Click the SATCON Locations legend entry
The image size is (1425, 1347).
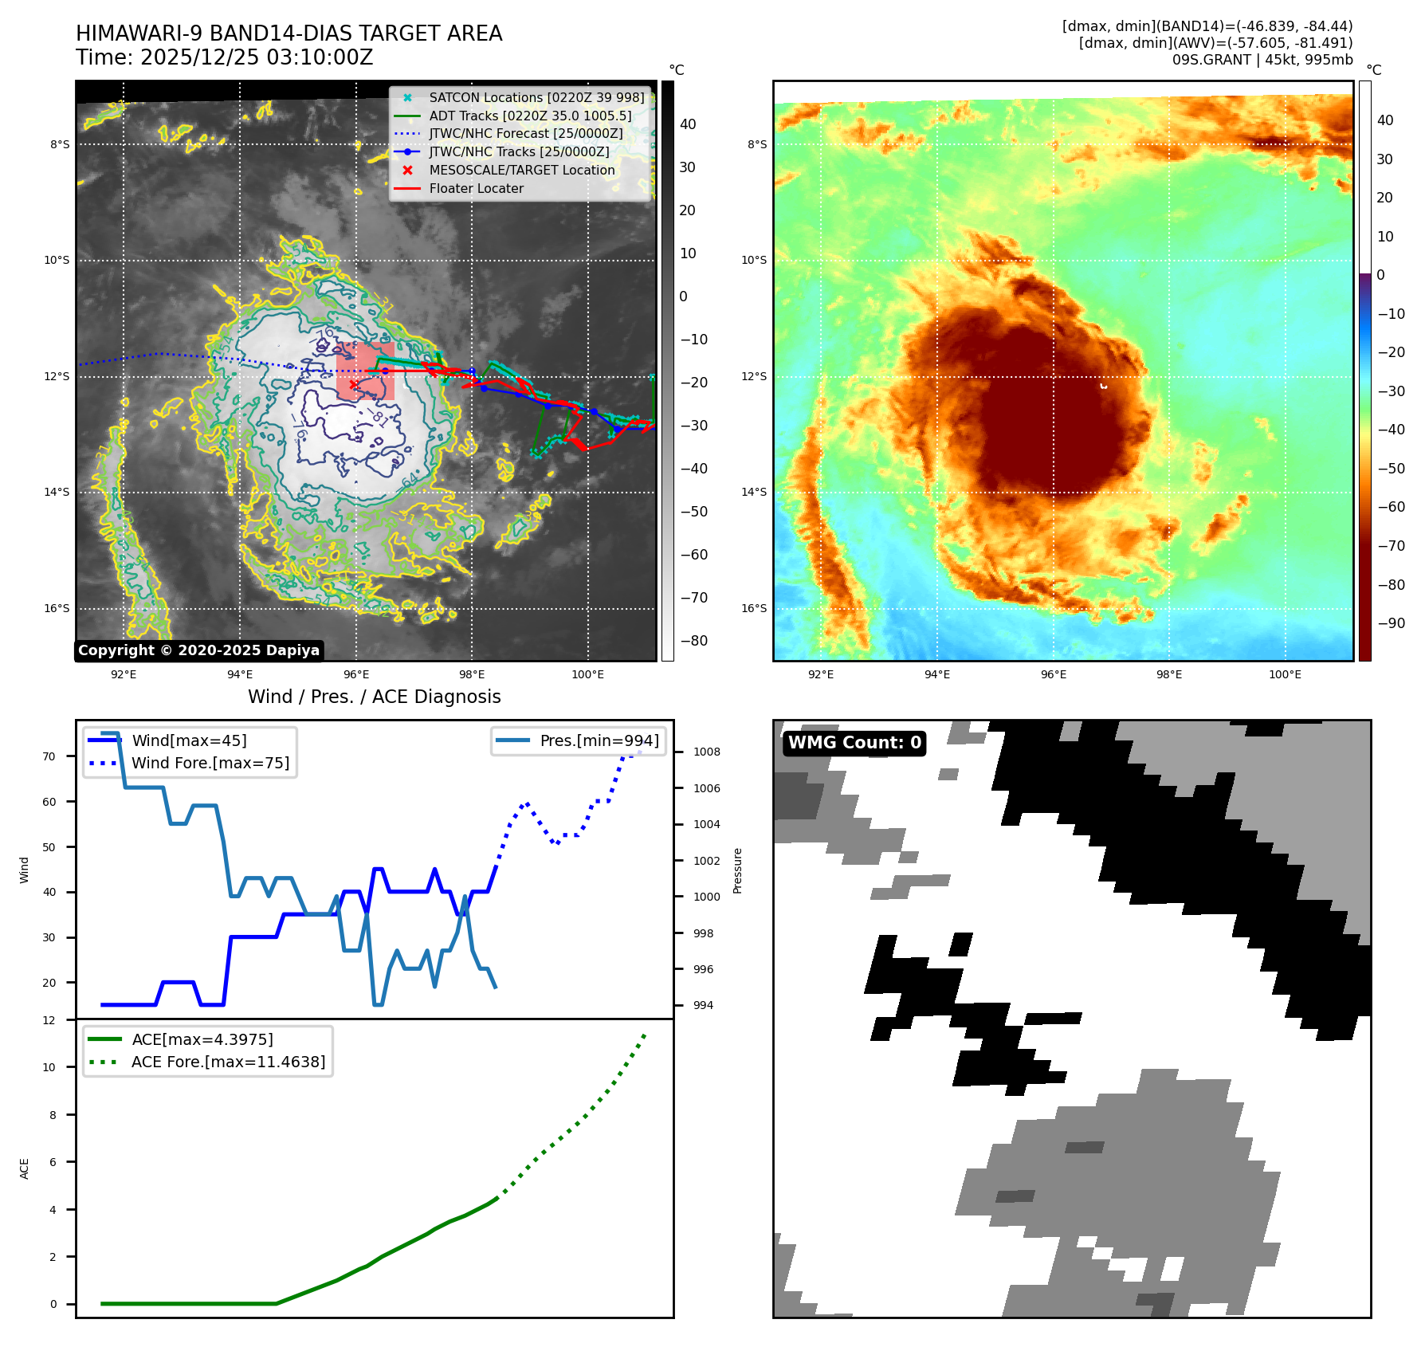tap(536, 98)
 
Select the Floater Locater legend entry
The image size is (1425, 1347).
tap(476, 189)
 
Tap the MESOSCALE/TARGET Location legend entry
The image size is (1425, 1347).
tap(521, 171)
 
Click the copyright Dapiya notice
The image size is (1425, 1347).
tap(198, 650)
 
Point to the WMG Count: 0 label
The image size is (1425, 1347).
tap(854, 743)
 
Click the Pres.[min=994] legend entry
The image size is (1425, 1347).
tap(599, 740)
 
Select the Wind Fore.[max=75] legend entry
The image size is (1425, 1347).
tap(210, 763)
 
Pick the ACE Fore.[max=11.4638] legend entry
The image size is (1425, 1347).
tap(228, 1062)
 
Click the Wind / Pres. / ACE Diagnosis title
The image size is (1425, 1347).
tap(374, 697)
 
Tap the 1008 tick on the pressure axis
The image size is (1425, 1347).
tap(706, 752)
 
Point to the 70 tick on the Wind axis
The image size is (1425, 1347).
tap(49, 756)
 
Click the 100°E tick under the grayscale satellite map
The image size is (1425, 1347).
tap(587, 674)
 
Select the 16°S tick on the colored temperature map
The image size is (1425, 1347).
tap(754, 608)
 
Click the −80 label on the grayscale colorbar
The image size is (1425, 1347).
tap(693, 641)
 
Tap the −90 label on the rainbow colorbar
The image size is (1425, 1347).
tap(1391, 623)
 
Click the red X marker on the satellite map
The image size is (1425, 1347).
tap(354, 385)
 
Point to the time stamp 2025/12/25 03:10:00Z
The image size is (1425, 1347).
tap(257, 57)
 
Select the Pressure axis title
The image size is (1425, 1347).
tap(737, 870)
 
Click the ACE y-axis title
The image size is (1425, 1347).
tap(24, 1168)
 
